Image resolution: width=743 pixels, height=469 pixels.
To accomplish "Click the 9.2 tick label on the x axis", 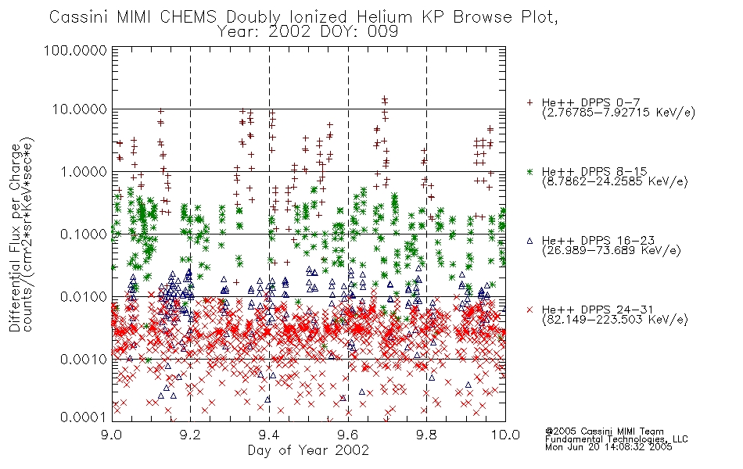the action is pos(191,435).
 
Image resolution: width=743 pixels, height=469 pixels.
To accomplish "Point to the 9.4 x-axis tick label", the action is pos(269,435).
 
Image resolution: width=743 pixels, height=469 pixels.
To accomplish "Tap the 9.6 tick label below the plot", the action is pos(348,435).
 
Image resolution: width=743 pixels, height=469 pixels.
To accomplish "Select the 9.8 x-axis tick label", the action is pos(426,435).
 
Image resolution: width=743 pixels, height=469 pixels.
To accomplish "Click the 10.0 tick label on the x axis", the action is pos(505,435).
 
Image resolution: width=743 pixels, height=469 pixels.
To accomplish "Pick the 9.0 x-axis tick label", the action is pos(112,435).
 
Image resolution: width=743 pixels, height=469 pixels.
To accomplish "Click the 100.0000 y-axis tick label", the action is pos(75,50).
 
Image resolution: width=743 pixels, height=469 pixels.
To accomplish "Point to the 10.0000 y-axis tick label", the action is pos(79,109).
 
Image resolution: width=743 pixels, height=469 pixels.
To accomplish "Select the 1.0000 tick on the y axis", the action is pos(83,171).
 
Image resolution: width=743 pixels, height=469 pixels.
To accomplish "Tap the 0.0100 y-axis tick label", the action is pos(83,297).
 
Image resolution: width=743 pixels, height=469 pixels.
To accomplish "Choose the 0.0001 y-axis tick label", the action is pos(83,417).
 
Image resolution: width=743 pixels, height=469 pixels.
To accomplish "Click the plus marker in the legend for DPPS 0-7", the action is pos(529,102).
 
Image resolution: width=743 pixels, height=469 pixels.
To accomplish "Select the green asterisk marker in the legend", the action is pos(529,171).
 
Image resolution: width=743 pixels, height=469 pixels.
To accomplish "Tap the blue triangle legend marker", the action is pos(529,241).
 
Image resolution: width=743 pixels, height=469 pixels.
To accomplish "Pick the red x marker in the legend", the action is pos(529,310).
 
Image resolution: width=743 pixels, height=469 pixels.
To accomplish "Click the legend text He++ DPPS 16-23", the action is pos(598,240).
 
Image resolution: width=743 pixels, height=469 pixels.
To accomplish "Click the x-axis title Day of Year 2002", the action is pos(308,450).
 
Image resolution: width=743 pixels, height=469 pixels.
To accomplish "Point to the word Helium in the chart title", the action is pos(384,17).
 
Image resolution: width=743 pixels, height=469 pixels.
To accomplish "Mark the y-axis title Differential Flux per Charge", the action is pos(15,238).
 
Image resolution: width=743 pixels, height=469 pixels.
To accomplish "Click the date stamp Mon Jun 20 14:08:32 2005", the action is pos(608,447).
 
